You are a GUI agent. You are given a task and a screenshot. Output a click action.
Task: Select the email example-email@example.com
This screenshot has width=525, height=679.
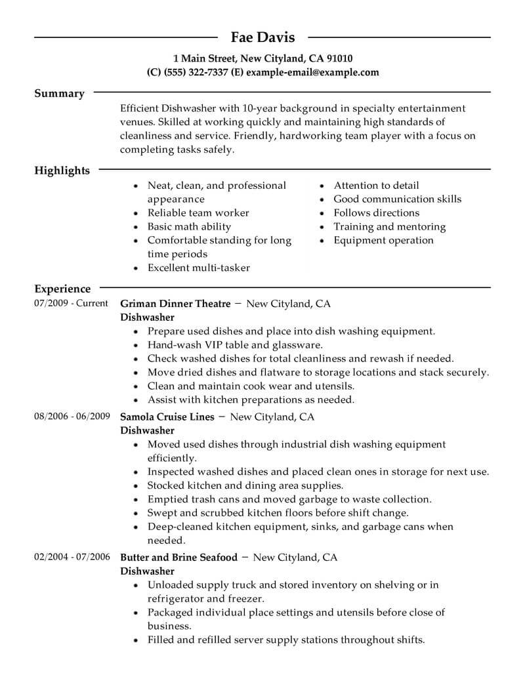314,72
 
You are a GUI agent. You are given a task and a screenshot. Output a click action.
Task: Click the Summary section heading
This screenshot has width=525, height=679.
59,94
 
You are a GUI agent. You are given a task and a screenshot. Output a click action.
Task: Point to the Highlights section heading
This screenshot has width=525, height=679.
62,171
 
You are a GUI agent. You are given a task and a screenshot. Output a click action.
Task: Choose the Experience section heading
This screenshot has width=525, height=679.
62,289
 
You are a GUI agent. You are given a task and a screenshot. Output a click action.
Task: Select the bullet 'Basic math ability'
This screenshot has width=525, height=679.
189,226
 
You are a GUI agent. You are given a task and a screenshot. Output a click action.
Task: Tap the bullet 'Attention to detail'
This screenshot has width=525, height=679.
376,186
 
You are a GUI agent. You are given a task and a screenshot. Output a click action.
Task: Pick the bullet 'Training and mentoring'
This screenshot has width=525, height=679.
389,226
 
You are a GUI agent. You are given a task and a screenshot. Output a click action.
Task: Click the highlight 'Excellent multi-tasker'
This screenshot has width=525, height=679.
198,268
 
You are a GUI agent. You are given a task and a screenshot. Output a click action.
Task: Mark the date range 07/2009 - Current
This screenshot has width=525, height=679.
69,304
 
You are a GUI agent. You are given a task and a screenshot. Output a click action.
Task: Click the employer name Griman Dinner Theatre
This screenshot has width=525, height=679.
175,304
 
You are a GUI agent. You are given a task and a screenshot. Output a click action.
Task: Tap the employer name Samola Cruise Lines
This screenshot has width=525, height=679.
167,417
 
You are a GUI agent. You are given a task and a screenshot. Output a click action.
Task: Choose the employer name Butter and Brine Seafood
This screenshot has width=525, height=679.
178,557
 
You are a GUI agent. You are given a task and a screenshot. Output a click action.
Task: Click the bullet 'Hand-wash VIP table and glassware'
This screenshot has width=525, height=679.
234,345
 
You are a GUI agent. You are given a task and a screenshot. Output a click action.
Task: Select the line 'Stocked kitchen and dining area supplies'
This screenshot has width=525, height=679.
245,485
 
